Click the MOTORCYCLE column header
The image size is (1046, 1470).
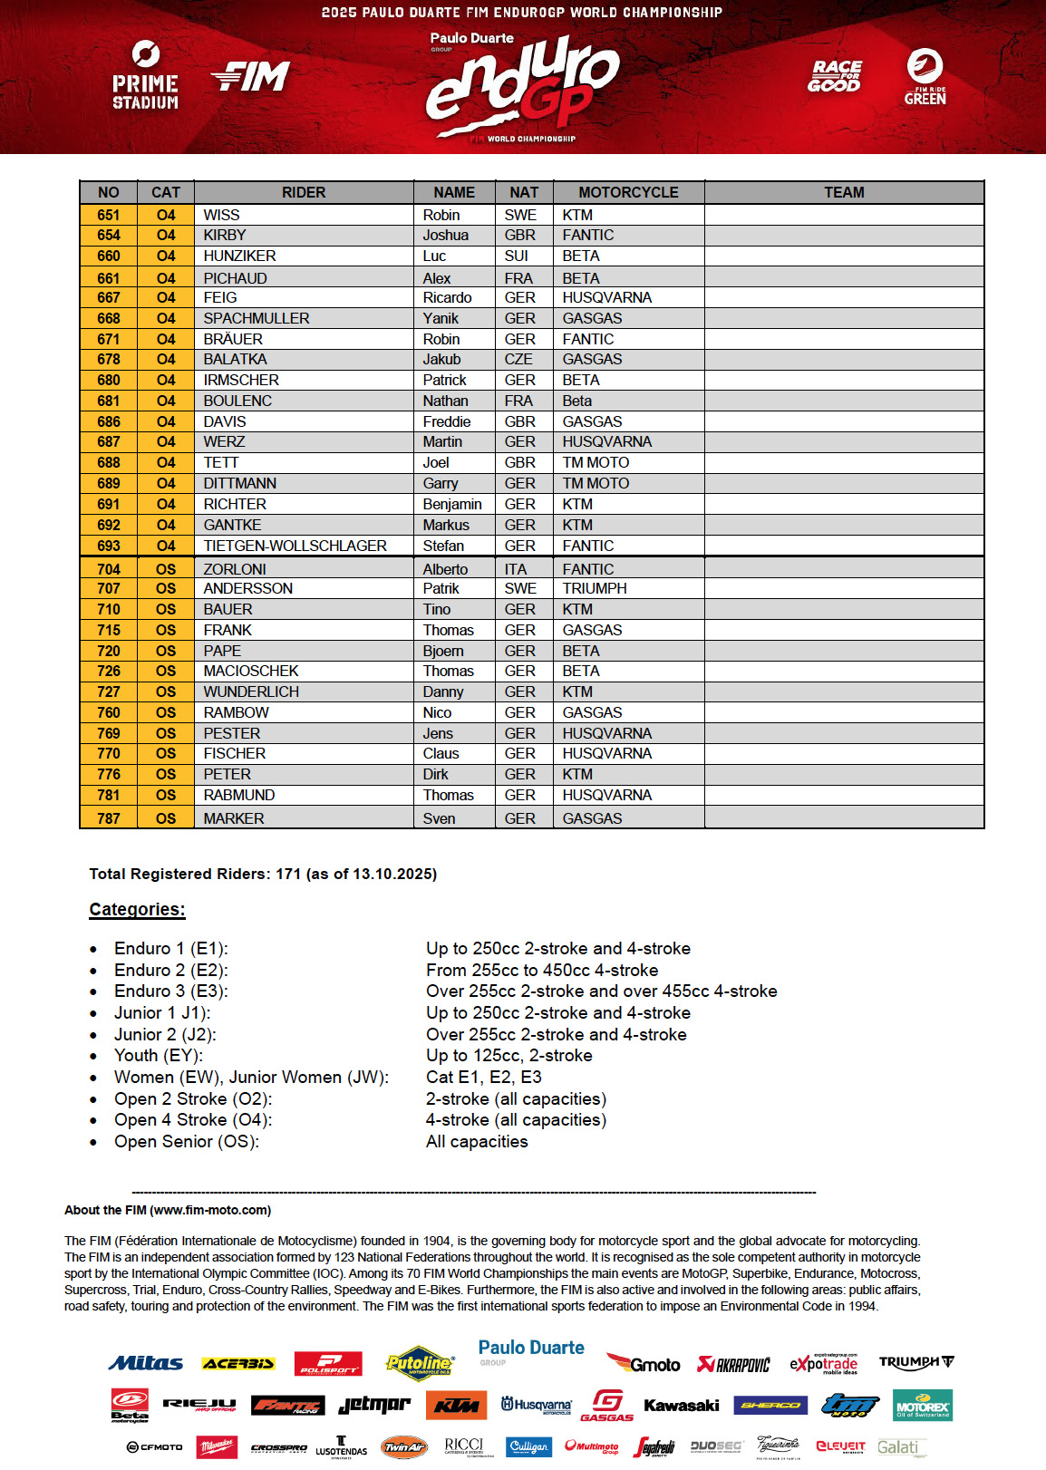(x=628, y=192)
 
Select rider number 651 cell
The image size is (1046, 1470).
(x=108, y=215)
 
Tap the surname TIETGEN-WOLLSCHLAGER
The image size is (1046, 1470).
(x=295, y=546)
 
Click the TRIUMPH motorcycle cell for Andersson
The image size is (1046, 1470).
(x=595, y=588)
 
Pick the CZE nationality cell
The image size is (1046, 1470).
(x=518, y=359)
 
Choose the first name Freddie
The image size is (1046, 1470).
(x=447, y=421)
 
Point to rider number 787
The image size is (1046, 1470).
(x=108, y=818)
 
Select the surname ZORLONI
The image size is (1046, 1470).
(x=235, y=569)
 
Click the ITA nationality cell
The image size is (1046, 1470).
(x=516, y=569)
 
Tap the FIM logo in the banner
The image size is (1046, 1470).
(x=251, y=77)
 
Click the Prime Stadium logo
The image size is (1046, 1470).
(x=145, y=75)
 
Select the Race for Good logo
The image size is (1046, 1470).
(x=835, y=76)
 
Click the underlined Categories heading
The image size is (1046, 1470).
(x=137, y=909)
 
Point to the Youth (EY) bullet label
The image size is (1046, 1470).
(x=159, y=1055)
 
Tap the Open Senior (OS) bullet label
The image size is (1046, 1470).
(x=186, y=1141)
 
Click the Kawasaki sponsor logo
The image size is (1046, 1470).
(x=681, y=1406)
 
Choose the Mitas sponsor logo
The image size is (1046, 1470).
(x=145, y=1363)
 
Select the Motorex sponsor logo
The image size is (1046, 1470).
(x=922, y=1406)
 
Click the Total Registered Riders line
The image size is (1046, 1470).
(x=263, y=874)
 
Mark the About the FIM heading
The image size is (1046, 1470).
(x=168, y=1210)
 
